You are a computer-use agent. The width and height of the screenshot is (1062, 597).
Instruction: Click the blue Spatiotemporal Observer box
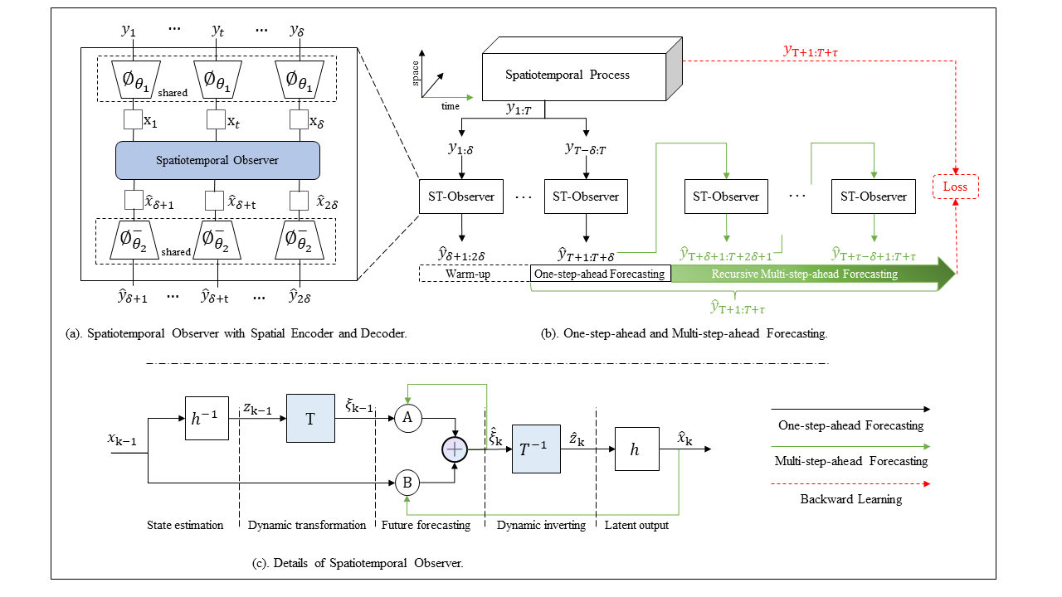[217, 160]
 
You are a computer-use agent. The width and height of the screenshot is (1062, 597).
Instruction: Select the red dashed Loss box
[955, 187]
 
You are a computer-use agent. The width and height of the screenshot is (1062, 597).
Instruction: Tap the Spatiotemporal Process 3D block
[582, 69]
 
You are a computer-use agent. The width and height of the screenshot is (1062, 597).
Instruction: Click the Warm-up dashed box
[474, 274]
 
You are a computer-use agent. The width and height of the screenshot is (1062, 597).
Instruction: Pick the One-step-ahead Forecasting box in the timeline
[600, 274]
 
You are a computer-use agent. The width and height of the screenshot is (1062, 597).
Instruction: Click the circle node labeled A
[407, 418]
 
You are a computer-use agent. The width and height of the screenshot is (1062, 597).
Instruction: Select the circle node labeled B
[407, 483]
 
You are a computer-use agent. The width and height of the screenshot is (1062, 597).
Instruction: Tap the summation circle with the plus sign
[455, 449]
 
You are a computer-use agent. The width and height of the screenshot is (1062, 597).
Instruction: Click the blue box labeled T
[310, 419]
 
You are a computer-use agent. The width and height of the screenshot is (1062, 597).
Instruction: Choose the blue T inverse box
[536, 449]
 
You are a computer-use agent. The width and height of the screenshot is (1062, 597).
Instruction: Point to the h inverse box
[207, 419]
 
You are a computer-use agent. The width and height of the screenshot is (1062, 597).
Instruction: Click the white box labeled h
[636, 449]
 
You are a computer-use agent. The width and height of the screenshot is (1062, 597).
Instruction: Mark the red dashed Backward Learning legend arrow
[850, 483]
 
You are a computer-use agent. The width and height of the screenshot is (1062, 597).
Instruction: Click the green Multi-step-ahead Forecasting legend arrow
[850, 446]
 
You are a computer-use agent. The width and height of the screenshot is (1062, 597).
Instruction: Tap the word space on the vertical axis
[416, 74]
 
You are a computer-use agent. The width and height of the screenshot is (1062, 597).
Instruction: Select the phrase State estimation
[185, 525]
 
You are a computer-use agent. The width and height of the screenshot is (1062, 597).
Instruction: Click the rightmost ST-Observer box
[874, 197]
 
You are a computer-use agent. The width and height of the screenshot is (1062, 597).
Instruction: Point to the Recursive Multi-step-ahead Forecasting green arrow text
[805, 274]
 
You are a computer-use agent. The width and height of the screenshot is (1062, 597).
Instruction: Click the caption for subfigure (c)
[358, 563]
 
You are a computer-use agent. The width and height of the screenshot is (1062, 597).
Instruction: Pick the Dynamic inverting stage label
[541, 525]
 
